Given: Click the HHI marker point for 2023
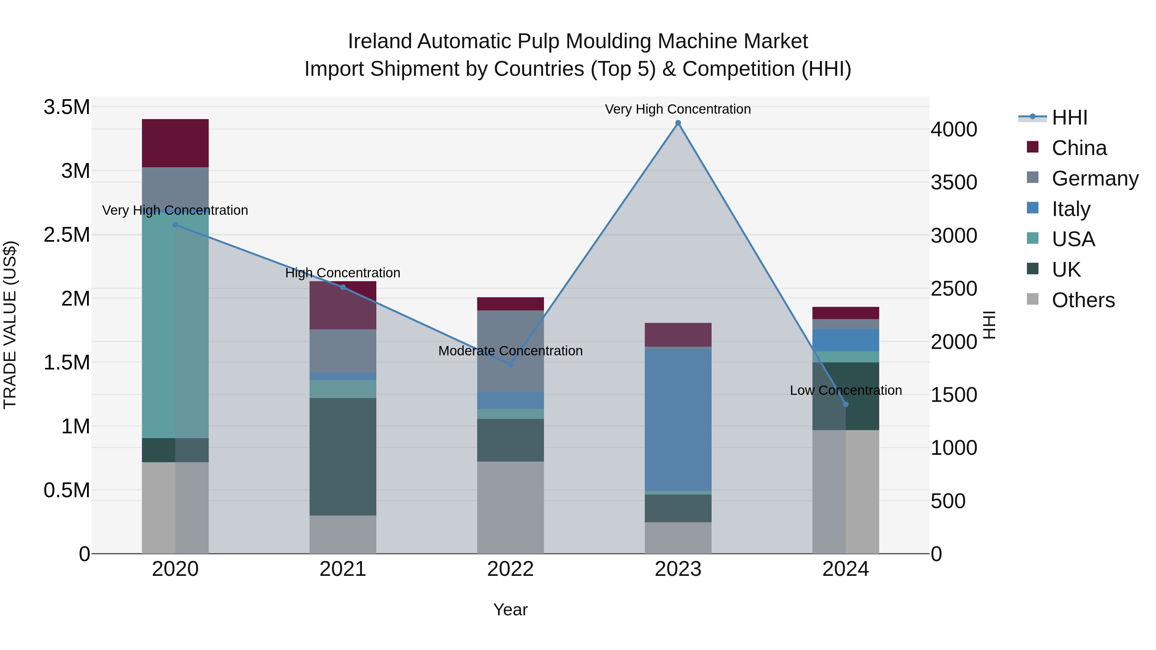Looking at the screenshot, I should click(678, 123).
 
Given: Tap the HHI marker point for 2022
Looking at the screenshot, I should click(510, 365).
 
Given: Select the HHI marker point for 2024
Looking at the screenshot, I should click(845, 404).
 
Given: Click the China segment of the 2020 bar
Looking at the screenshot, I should click(175, 143).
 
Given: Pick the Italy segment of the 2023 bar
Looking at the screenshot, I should click(678, 420).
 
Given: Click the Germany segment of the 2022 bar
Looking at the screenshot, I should click(510, 351).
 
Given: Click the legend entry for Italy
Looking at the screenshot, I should click(1070, 209).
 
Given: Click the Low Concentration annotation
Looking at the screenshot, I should click(845, 390).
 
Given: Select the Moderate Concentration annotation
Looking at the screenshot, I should click(510, 351).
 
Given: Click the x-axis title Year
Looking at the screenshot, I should click(510, 610).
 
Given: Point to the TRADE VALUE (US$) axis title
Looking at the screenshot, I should click(10, 325).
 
